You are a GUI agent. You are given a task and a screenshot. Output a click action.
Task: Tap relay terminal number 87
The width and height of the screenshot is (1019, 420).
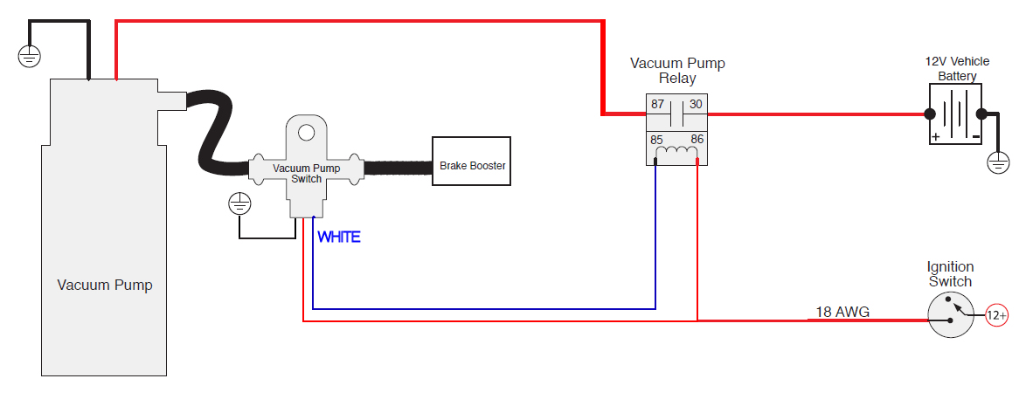pyautogui.click(x=657, y=105)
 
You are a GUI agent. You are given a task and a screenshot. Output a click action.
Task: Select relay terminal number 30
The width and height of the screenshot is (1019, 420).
pyautogui.click(x=696, y=105)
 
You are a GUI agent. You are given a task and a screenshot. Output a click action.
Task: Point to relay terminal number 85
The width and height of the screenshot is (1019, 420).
pyautogui.click(x=657, y=140)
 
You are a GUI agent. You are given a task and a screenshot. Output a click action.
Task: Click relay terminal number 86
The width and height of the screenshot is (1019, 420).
pyautogui.click(x=697, y=140)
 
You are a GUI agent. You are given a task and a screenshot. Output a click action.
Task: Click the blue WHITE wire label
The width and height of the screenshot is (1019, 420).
pyautogui.click(x=338, y=237)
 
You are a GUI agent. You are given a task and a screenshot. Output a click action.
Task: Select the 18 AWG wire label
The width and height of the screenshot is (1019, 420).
pyautogui.click(x=842, y=312)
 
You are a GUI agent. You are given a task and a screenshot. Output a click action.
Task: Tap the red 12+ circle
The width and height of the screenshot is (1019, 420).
pyautogui.click(x=997, y=315)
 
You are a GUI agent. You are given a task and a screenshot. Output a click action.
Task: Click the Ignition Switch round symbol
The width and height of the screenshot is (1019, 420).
pyautogui.click(x=950, y=315)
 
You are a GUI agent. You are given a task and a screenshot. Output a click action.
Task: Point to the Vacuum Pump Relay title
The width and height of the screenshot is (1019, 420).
pyautogui.click(x=677, y=71)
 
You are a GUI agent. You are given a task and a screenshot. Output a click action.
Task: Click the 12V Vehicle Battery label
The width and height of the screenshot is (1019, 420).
pyautogui.click(x=958, y=69)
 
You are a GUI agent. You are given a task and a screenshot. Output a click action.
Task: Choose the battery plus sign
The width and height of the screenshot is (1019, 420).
pyautogui.click(x=935, y=137)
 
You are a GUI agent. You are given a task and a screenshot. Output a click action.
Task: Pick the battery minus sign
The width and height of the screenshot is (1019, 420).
pyautogui.click(x=974, y=137)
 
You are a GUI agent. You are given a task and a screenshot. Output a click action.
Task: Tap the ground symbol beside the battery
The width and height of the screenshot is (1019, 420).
pyautogui.click(x=997, y=162)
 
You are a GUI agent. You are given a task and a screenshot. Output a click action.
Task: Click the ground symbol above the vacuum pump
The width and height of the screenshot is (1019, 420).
pyautogui.click(x=30, y=57)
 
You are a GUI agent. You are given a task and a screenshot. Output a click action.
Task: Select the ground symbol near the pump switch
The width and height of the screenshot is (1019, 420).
pyautogui.click(x=239, y=204)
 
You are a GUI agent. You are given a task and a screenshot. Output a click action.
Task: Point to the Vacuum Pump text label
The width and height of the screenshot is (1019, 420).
pyautogui.click(x=105, y=285)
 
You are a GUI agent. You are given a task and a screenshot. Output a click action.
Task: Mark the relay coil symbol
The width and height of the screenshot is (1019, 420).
pyautogui.click(x=677, y=154)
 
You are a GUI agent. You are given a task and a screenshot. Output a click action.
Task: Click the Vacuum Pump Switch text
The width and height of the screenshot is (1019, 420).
pyautogui.click(x=306, y=173)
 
